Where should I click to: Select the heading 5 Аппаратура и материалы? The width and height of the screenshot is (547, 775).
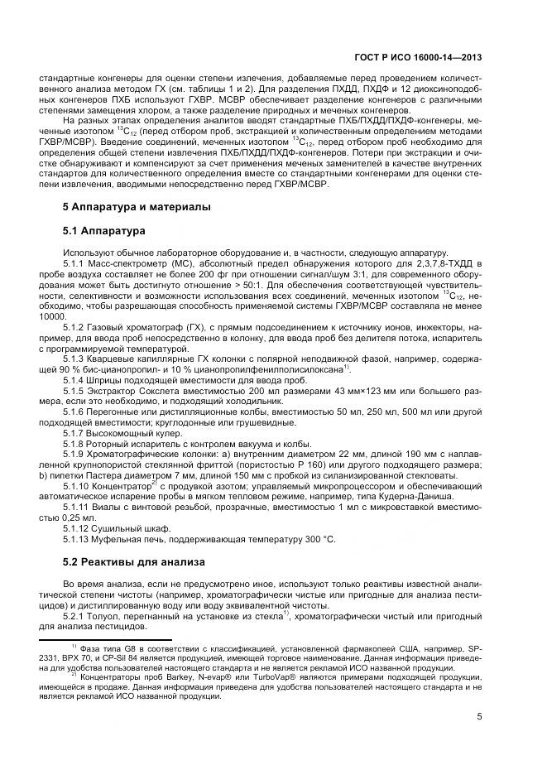[x=126, y=205]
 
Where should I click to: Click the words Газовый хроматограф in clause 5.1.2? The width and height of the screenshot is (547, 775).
[x=132, y=327]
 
